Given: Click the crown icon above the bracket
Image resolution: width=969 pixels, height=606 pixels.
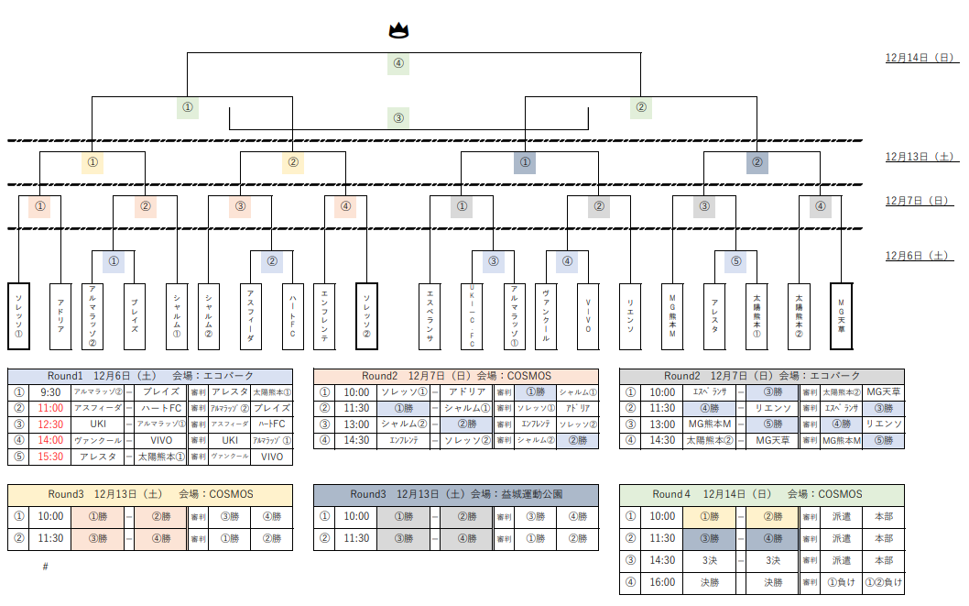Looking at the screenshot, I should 397,30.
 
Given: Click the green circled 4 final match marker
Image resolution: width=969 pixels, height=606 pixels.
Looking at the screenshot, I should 397,64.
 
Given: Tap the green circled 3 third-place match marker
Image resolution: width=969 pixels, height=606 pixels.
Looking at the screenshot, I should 397,117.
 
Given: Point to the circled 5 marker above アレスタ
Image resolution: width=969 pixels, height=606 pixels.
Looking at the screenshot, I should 735,261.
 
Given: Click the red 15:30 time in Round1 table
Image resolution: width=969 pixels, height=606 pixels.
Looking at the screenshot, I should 51,456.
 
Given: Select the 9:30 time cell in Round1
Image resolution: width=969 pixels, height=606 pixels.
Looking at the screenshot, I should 51,392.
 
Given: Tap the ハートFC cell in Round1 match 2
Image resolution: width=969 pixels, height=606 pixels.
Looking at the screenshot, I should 160,408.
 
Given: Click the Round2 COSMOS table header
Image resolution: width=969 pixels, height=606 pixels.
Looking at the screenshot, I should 455,376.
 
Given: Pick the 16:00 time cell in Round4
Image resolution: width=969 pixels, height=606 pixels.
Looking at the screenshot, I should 663,582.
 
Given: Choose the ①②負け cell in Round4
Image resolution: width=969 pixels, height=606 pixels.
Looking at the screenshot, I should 883,582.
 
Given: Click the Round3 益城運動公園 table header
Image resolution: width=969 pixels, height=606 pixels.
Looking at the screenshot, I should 455,494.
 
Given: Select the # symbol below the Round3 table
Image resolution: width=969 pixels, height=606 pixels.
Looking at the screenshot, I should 45,567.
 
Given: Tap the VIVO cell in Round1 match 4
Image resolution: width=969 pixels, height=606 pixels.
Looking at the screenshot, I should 160,440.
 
